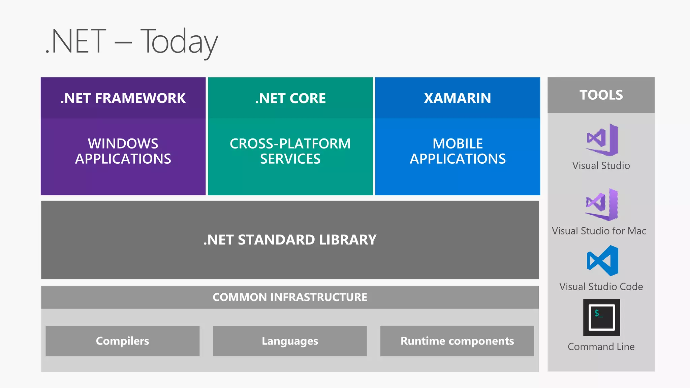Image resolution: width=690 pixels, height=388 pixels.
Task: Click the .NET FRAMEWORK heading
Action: [x=123, y=98]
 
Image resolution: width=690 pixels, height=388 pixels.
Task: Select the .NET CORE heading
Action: [x=290, y=98]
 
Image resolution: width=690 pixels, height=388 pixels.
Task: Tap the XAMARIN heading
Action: [x=458, y=98]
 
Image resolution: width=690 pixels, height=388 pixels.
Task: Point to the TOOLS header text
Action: [x=601, y=95]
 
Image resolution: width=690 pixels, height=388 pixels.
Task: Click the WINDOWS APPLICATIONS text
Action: [x=123, y=151]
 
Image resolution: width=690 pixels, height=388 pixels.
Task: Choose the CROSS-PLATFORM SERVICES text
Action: [x=290, y=151]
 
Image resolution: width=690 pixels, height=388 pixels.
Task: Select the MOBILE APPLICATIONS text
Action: [x=458, y=151]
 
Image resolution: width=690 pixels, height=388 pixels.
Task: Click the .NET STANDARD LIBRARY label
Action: [x=290, y=240]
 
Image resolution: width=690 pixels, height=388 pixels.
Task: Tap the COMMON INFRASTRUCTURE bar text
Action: [x=290, y=297]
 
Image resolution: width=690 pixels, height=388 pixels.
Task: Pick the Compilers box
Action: [x=123, y=341]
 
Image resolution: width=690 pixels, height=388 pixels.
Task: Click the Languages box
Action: [x=290, y=341]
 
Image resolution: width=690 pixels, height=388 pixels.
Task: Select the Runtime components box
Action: [x=457, y=341]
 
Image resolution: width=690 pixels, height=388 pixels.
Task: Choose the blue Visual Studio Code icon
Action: [x=602, y=261]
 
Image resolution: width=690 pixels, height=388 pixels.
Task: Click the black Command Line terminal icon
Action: [x=602, y=317]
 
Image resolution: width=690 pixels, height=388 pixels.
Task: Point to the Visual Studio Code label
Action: [x=601, y=287]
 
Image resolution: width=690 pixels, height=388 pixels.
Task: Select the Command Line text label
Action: [x=601, y=347]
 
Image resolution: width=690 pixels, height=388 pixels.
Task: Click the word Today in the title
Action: [x=179, y=42]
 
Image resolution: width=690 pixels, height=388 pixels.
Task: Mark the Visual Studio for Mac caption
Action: [x=599, y=231]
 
